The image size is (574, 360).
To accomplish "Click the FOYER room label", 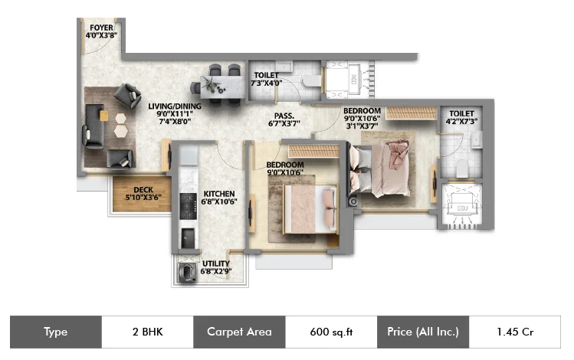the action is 101,28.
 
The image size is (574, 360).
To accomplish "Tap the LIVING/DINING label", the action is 175,106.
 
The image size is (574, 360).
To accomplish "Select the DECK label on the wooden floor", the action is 143,190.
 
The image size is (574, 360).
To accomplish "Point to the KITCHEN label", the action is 219,194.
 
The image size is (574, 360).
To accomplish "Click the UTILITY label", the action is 216,263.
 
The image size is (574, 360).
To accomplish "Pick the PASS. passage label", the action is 284,116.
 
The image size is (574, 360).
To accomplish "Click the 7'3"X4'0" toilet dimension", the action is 266,83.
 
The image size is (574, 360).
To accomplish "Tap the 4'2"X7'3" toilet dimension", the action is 461,122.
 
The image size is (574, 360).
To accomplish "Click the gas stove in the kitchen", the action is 189,206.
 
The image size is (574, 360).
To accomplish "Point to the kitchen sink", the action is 188,238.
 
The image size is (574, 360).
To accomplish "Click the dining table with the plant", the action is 222,87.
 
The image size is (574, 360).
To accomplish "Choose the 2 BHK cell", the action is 148,332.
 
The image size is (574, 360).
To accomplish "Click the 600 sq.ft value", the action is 331,332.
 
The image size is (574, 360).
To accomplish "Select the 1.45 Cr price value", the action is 515,332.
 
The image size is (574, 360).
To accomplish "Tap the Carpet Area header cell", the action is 239,332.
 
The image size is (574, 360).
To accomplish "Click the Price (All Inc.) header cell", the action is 423,332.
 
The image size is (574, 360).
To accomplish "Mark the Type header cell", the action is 56,332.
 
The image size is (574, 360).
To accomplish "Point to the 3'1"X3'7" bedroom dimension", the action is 362,126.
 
